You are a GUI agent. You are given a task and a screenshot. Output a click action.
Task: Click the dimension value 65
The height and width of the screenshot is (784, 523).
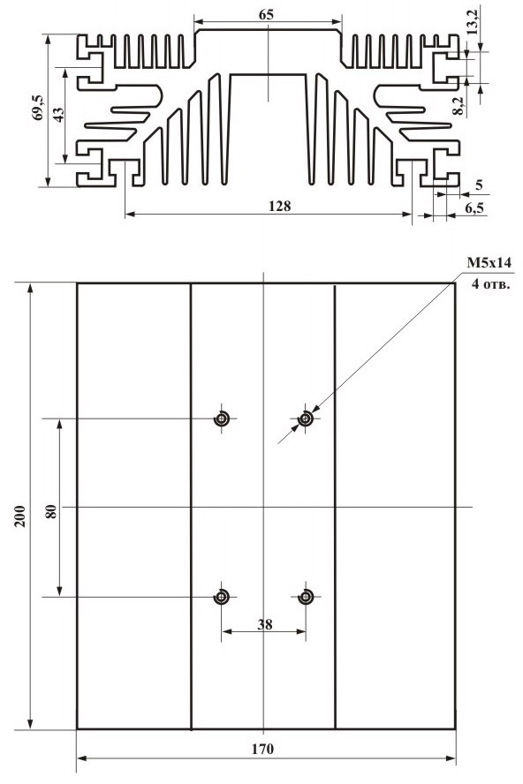[x=266, y=14]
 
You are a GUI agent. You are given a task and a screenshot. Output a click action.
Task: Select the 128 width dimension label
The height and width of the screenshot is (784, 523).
[x=279, y=206]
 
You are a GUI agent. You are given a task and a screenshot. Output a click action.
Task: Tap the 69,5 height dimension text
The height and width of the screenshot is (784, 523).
[x=37, y=108]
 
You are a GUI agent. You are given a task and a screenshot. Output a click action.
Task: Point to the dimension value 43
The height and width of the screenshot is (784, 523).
[x=57, y=115]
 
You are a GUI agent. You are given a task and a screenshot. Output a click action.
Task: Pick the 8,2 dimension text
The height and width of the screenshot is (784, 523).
[x=459, y=107]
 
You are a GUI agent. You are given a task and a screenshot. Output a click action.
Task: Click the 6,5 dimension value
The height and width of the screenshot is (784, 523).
[x=474, y=207]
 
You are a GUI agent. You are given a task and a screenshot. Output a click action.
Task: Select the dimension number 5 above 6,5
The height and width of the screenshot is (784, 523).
[x=479, y=185]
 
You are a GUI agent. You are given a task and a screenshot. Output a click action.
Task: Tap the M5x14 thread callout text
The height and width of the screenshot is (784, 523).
[x=489, y=263]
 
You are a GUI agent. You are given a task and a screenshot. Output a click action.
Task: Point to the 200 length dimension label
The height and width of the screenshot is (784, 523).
[x=20, y=516]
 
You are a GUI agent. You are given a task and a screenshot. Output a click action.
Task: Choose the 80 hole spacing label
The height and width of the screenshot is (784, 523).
[x=51, y=511]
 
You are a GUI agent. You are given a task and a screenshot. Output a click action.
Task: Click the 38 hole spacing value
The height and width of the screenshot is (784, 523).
[x=265, y=624]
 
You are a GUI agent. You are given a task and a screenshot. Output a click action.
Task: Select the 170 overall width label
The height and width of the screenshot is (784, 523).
[x=262, y=749]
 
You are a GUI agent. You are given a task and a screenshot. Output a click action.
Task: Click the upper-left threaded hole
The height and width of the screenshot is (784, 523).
[x=221, y=418]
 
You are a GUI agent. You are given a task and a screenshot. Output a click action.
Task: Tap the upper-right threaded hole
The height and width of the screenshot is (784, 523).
[x=306, y=418]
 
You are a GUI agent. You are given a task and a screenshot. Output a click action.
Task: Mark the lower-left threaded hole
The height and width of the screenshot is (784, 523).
[x=221, y=597]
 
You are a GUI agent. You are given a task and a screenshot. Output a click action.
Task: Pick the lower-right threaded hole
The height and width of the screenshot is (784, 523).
[x=306, y=597]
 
